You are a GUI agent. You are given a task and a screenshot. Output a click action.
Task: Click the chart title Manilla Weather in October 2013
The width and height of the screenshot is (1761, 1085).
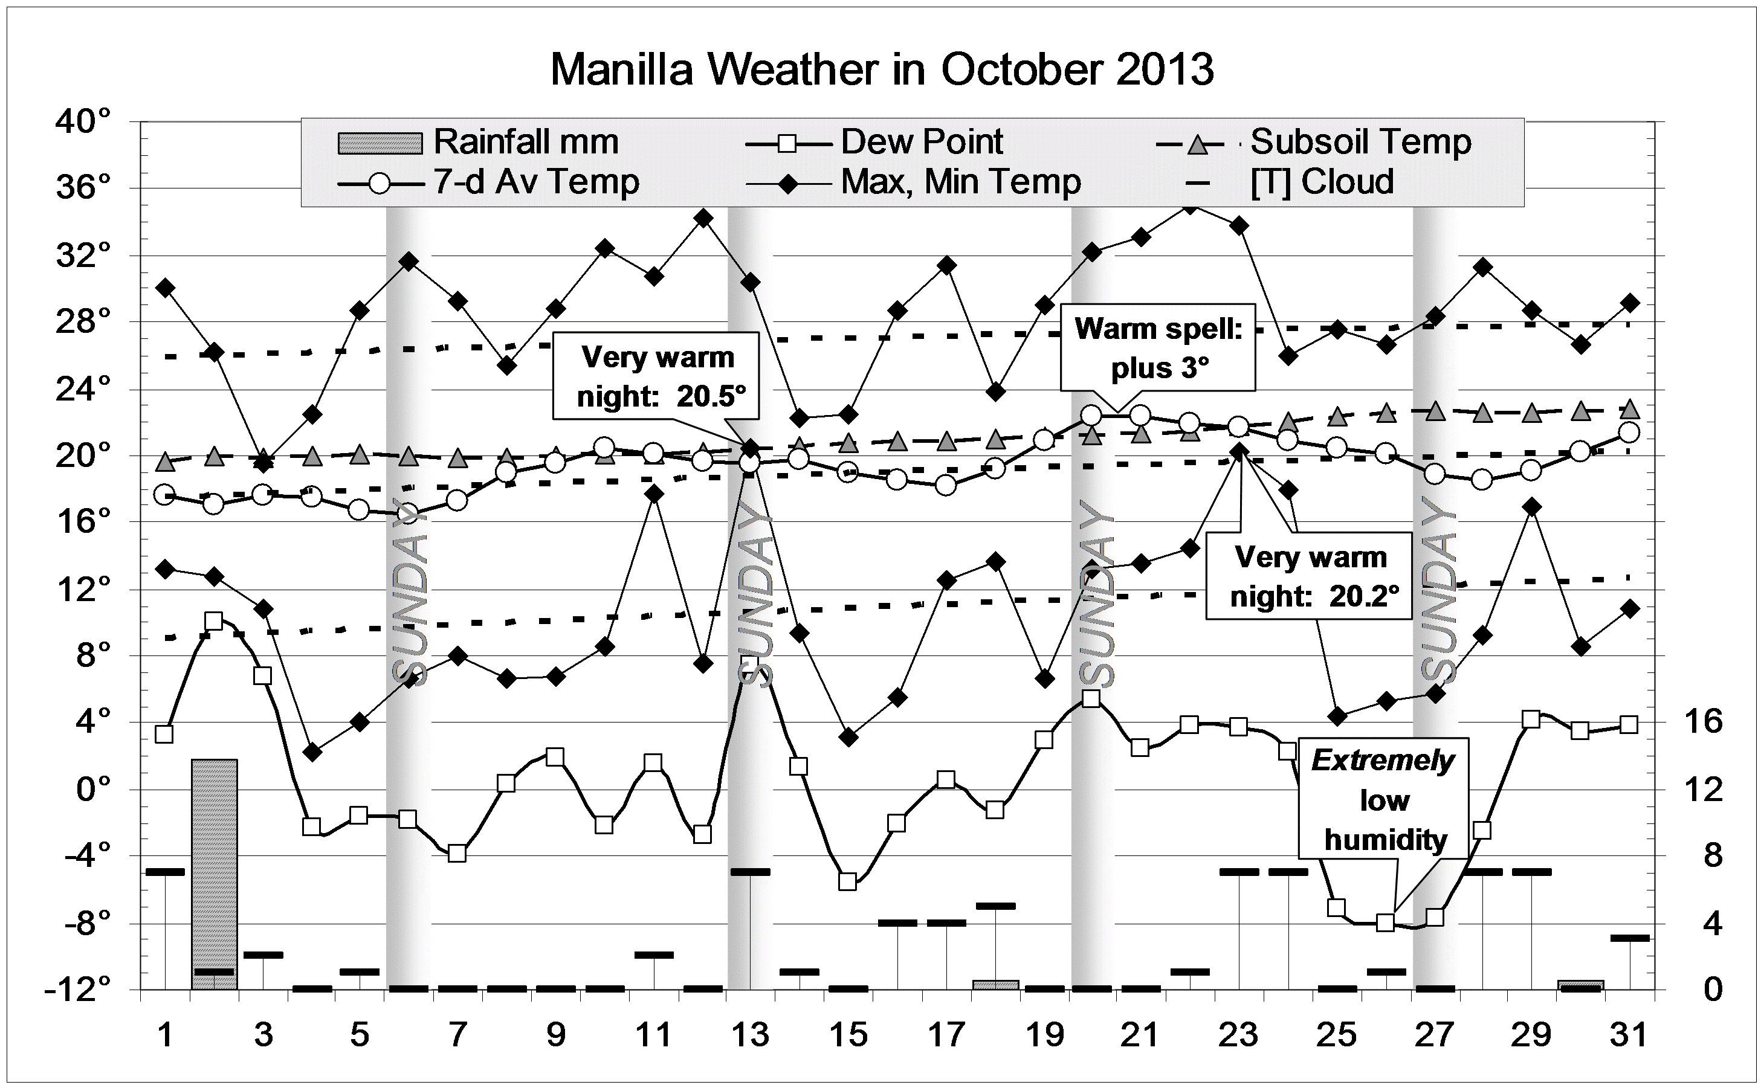click(x=881, y=69)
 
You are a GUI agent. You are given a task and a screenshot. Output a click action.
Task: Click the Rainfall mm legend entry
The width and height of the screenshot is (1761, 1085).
click(x=478, y=142)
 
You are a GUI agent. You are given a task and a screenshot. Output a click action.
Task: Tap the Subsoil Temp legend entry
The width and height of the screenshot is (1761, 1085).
click(x=1313, y=142)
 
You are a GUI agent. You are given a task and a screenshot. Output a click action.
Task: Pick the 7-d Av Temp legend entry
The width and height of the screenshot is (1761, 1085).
click(x=488, y=182)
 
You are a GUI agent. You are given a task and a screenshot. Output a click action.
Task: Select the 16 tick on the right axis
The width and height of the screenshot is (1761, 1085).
click(x=1702, y=721)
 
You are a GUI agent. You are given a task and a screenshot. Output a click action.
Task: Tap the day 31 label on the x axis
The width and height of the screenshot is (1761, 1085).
click(x=1628, y=1035)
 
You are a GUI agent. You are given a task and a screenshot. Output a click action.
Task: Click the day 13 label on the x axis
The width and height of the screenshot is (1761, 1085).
click(x=751, y=1035)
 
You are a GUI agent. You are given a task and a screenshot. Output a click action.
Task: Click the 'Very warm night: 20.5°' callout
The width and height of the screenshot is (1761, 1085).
click(x=656, y=376)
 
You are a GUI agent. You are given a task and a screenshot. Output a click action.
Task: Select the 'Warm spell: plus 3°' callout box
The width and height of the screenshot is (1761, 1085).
click(x=1158, y=347)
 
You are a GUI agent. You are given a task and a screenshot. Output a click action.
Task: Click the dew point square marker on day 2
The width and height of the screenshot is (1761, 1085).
click(x=214, y=620)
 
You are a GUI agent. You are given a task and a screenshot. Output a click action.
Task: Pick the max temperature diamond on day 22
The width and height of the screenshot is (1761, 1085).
click(x=1190, y=207)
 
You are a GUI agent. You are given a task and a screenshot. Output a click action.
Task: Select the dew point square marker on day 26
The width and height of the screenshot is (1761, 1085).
click(x=1385, y=923)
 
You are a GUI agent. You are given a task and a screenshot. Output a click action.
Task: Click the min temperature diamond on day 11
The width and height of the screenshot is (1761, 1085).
click(x=654, y=494)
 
